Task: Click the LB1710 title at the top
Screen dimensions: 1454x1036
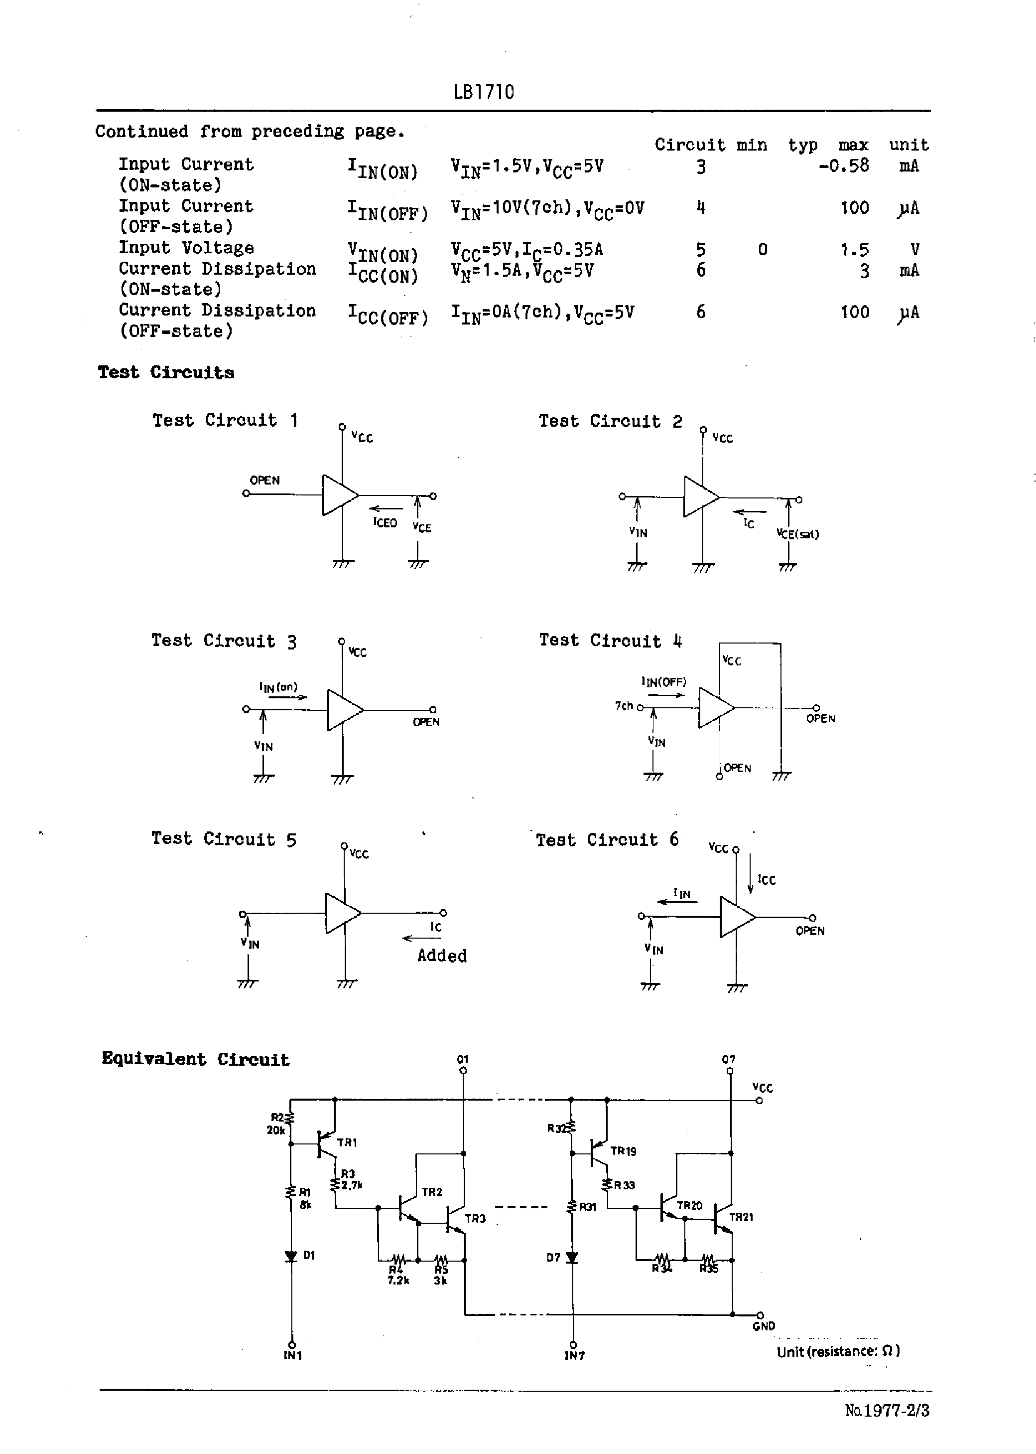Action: tap(484, 93)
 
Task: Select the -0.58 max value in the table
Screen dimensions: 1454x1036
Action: tap(843, 166)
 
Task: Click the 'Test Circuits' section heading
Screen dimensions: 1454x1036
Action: tap(166, 373)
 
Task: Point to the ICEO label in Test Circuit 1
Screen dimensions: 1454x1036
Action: tap(386, 523)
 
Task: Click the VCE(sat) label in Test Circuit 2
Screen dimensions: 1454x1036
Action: tap(797, 534)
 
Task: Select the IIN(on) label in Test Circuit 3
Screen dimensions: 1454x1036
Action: tap(278, 687)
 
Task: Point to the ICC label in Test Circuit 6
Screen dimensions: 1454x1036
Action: tap(766, 880)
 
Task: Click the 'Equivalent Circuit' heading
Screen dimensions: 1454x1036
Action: tap(195, 1060)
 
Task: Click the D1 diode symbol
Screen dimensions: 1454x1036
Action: tap(291, 1256)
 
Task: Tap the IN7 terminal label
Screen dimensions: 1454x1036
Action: tap(574, 1355)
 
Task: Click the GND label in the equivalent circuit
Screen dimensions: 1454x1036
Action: tap(764, 1326)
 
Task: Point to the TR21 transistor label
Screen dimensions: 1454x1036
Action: tap(741, 1217)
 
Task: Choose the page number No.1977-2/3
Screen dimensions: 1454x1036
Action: tap(887, 1410)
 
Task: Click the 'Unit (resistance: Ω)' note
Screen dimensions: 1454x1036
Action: tap(838, 1351)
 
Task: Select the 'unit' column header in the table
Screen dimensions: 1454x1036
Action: tap(908, 145)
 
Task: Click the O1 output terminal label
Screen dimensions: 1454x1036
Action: tap(463, 1059)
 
